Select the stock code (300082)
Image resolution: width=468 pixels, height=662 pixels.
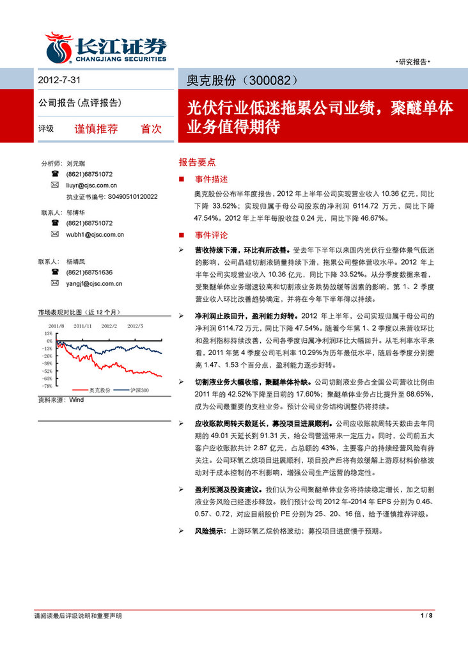click(269, 81)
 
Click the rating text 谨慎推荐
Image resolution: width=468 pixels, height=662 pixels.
click(97, 128)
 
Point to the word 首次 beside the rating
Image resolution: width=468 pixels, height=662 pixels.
click(151, 128)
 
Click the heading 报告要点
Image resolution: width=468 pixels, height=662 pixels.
click(197, 162)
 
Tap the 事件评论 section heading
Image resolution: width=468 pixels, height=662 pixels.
click(212, 235)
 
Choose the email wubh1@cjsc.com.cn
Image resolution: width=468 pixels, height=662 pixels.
click(95, 235)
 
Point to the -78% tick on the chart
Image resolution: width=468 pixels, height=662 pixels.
click(48, 386)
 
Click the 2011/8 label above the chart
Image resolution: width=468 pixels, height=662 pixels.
click(56, 326)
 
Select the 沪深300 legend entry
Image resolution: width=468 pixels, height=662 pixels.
click(139, 390)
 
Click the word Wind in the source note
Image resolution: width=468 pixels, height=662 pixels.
click(76, 400)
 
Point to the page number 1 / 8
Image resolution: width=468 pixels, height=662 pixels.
click(427, 615)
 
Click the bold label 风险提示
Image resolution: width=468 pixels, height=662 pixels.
click(210, 531)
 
